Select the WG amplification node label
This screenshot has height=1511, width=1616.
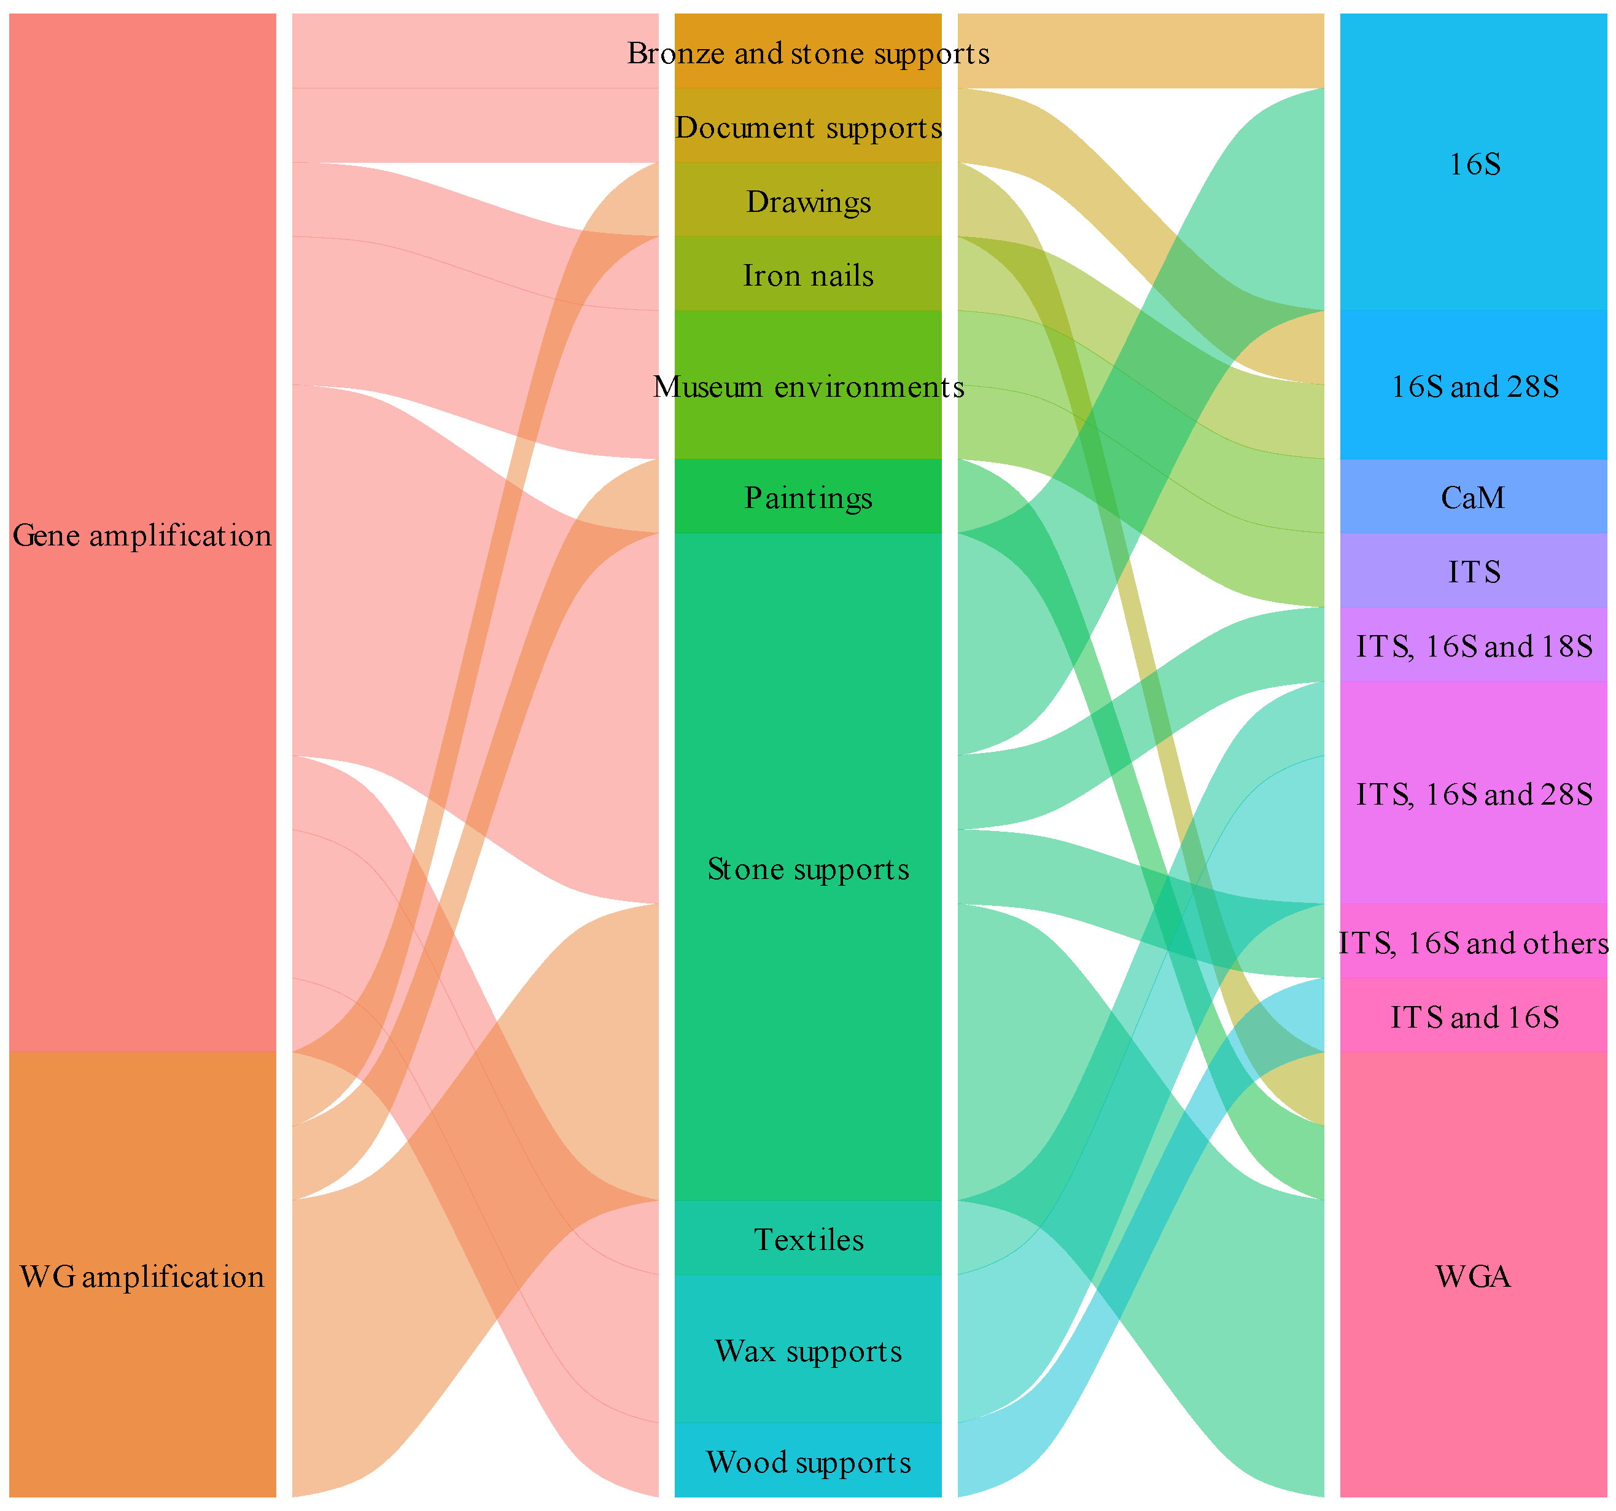click(142, 1277)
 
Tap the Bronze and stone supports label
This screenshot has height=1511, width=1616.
click(808, 53)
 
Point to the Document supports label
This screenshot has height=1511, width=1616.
click(808, 128)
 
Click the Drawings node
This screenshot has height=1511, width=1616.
click(808, 201)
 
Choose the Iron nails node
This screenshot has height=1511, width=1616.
click(808, 276)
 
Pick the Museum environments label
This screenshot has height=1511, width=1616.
click(808, 387)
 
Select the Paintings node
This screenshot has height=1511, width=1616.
click(808, 498)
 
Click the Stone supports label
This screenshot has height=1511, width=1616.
click(808, 869)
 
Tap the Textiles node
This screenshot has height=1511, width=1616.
click(808, 1240)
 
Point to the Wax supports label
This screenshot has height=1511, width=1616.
click(808, 1351)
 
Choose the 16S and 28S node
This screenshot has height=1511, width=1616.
click(1474, 387)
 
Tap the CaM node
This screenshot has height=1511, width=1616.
click(1474, 498)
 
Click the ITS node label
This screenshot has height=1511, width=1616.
click(1474, 572)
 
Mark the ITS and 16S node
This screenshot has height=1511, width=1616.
click(1474, 1017)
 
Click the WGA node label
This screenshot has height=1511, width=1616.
click(1474, 1277)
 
